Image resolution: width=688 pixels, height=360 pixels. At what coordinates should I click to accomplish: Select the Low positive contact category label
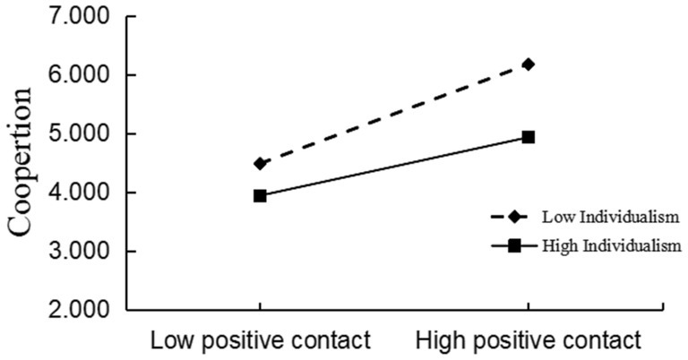tap(260, 341)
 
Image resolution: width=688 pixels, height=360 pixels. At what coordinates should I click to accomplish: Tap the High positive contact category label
tap(529, 341)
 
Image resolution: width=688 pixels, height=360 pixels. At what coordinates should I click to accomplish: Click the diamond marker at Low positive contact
tap(260, 164)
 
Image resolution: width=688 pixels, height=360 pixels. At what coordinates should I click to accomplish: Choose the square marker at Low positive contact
tap(260, 195)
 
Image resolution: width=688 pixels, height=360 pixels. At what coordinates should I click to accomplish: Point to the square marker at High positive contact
tap(529, 137)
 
